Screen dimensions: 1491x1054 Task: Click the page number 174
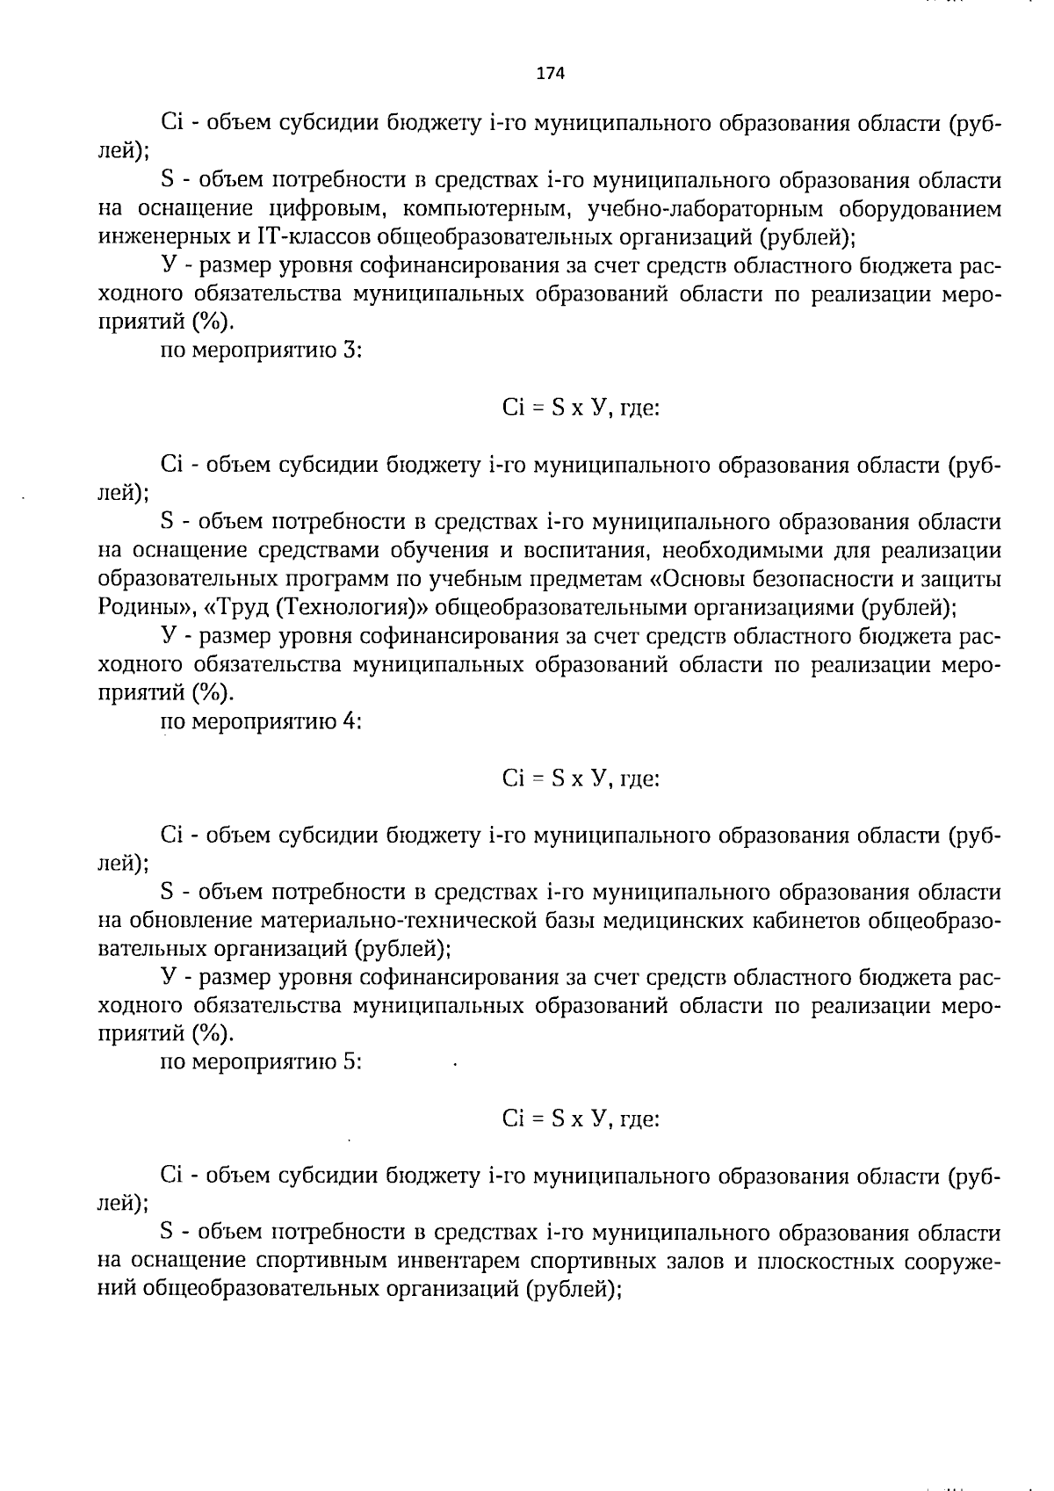click(x=550, y=73)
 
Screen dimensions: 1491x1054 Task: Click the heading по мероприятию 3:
click(x=262, y=351)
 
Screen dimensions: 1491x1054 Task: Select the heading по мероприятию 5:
click(x=262, y=1062)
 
